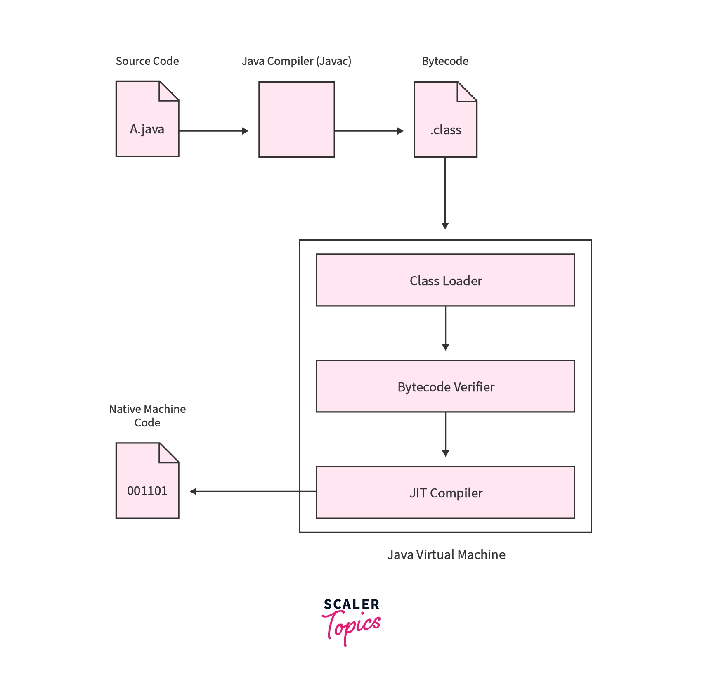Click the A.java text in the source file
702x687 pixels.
147,129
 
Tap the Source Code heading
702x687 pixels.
147,61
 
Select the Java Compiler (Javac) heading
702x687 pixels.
296,61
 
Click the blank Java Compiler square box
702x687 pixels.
296,119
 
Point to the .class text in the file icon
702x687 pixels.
445,130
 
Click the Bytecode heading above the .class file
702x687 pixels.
445,61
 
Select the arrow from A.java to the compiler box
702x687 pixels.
213,131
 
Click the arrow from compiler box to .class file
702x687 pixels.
369,131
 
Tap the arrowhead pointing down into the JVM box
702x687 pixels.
445,225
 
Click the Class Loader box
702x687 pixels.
445,280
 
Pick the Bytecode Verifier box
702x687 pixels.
445,386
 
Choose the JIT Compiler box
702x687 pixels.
445,493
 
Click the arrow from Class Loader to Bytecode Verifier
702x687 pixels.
445,328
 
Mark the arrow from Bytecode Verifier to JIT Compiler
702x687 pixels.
445,434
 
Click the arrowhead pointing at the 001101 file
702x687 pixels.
194,491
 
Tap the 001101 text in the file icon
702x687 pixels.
147,491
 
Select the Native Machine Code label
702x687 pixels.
147,416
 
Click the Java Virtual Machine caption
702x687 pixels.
446,554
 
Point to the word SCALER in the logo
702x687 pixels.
351,604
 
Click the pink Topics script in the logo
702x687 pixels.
352,627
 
